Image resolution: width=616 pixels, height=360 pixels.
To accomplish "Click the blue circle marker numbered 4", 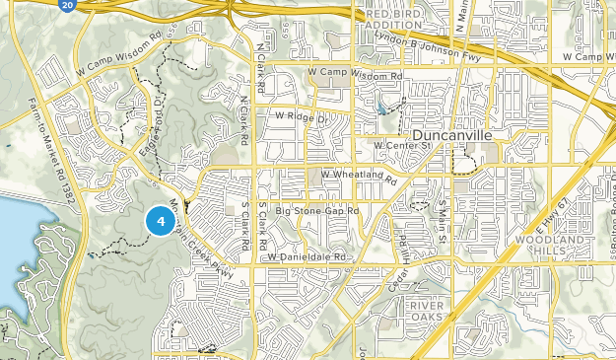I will pyautogui.click(x=160, y=220).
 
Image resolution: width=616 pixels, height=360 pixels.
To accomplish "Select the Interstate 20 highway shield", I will pyautogui.click(x=65, y=6).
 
